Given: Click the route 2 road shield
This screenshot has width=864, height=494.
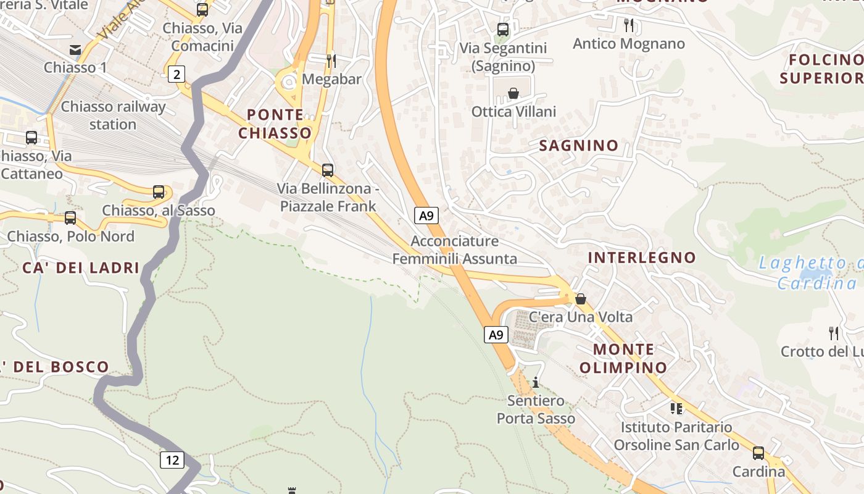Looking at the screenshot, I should click(x=177, y=75).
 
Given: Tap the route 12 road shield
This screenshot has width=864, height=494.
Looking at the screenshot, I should click(x=172, y=459).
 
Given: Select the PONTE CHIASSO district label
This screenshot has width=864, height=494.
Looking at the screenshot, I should click(x=275, y=124).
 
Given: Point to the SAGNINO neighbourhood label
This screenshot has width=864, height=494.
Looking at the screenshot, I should click(x=578, y=146).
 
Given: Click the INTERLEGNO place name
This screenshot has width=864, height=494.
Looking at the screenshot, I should click(x=642, y=257).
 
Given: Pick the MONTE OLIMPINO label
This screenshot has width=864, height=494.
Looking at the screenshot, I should click(x=623, y=358).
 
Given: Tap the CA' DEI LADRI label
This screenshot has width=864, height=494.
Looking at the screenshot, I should click(x=81, y=268).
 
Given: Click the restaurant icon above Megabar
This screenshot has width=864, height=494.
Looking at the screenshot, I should click(x=331, y=61).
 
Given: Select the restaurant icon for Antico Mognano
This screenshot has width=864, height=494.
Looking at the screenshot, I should click(x=629, y=25).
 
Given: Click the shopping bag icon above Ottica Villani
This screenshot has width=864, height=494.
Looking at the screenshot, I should click(x=513, y=93).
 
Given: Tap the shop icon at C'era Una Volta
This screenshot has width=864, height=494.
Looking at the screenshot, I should click(x=581, y=299).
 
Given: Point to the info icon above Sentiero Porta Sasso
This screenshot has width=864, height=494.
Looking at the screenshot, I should click(x=536, y=382).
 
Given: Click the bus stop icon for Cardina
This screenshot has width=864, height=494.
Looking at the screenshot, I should click(x=758, y=453).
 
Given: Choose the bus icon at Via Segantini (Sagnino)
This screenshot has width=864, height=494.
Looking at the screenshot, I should click(x=503, y=29).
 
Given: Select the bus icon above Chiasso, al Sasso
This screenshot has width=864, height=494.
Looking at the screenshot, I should click(x=159, y=192).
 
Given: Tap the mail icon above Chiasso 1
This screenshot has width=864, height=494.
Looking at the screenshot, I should click(x=75, y=49).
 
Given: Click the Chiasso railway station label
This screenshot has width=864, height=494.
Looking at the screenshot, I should click(x=113, y=115).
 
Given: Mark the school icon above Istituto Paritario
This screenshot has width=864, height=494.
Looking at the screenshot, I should click(x=676, y=408).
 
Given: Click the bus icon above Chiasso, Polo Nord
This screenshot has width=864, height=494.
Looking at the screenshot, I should click(x=70, y=218).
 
